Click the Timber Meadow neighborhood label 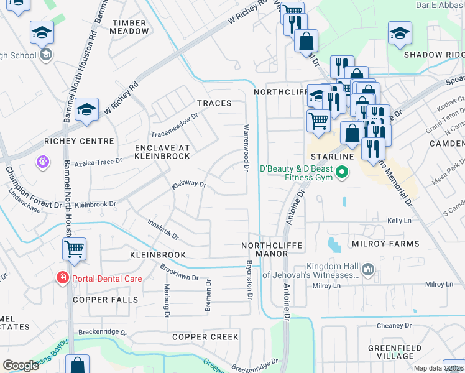click(131, 27)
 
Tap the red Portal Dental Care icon click(63, 279)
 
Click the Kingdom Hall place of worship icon click(368, 269)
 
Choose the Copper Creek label click(205, 337)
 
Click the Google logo click(21, 365)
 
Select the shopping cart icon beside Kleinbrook click(74, 249)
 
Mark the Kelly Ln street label click(400, 221)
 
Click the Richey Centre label click(79, 142)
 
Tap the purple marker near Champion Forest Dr click(42, 162)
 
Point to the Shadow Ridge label click(434, 55)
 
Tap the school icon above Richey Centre click(87, 110)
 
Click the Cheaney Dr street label click(395, 325)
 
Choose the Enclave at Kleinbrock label click(162, 152)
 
